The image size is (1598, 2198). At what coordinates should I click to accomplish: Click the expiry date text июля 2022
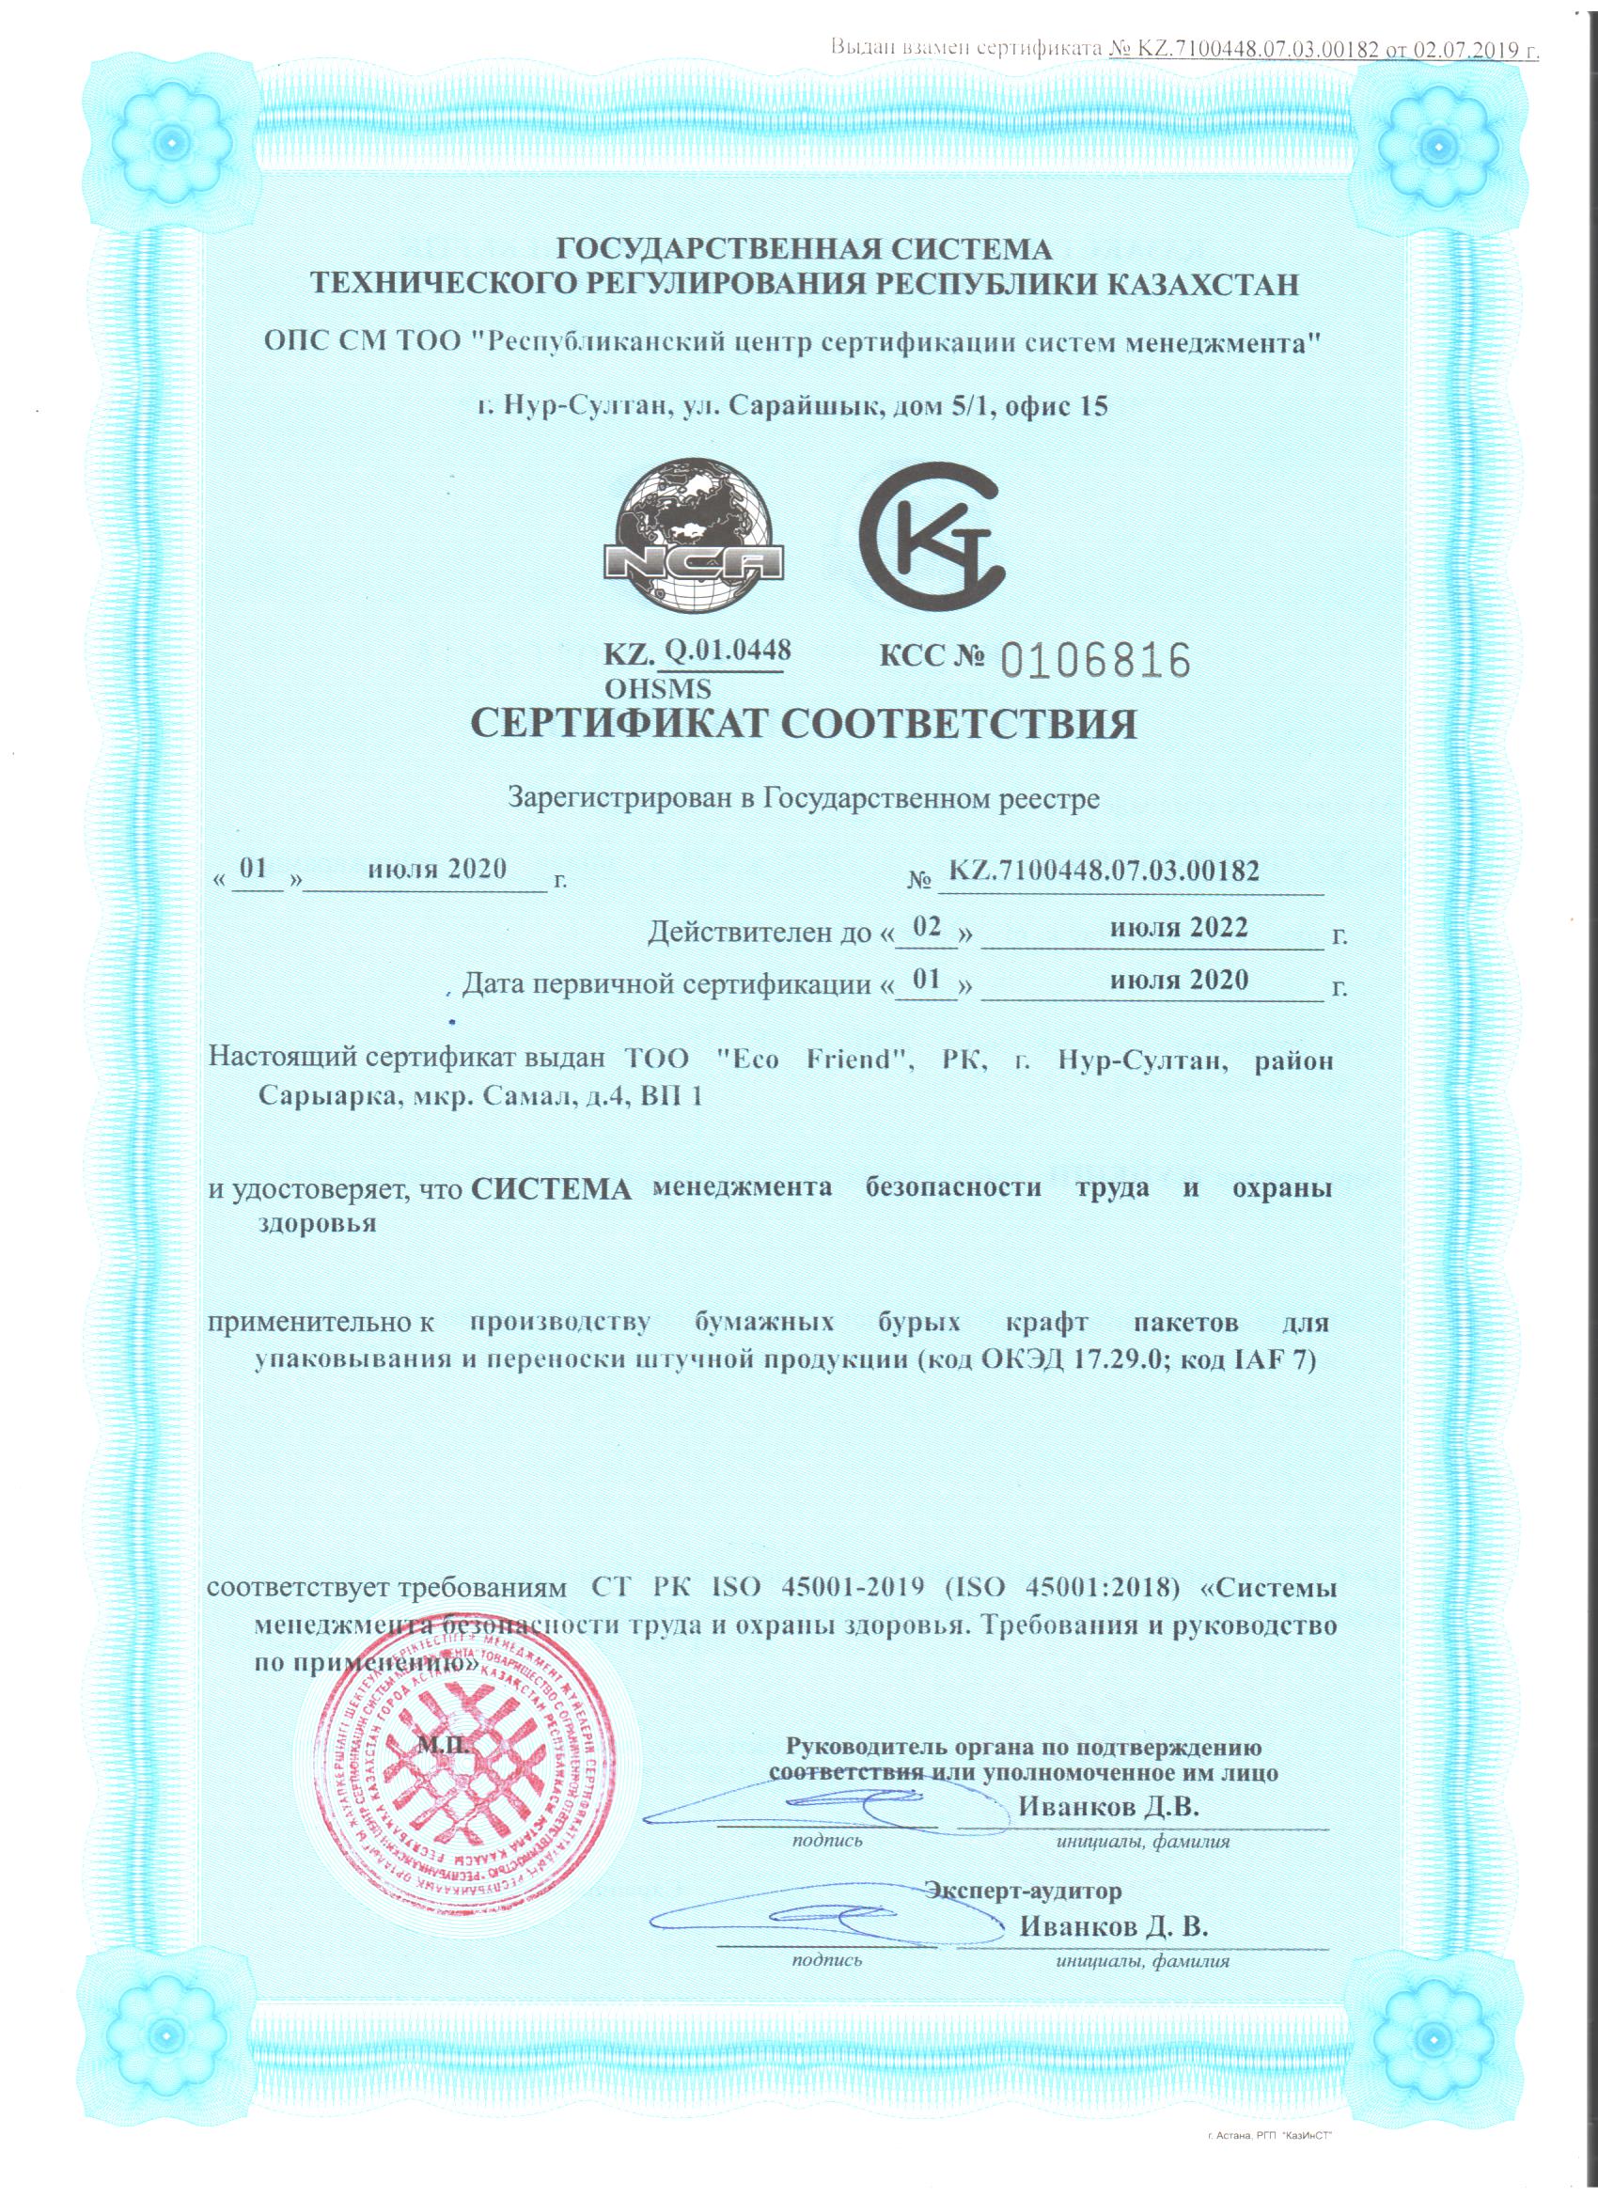point(1179,927)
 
